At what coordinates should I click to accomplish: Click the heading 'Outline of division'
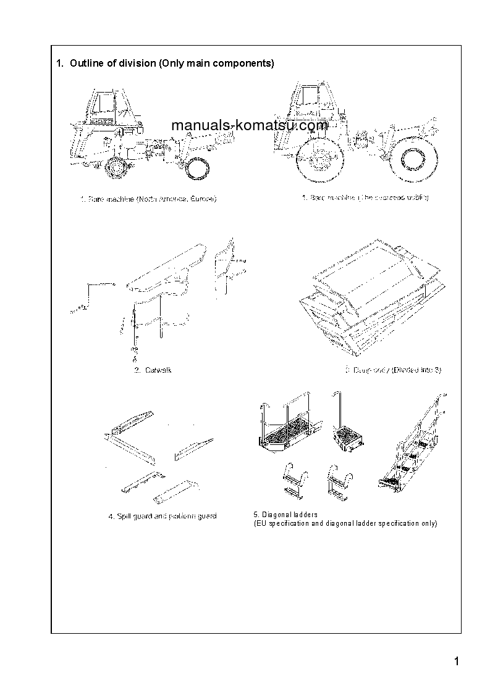pos(165,63)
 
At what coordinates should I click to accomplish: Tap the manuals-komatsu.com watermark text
pos(249,125)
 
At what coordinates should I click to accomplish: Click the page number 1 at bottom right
pos(456,662)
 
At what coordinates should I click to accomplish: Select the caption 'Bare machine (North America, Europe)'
pos(148,199)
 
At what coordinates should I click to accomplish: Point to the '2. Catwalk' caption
pos(153,370)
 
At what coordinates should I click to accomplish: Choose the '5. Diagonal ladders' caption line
pos(285,515)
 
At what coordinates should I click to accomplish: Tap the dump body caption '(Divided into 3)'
pos(394,370)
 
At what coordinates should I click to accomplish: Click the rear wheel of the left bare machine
pos(196,167)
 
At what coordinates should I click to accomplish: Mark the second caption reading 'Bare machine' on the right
pos(365,197)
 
